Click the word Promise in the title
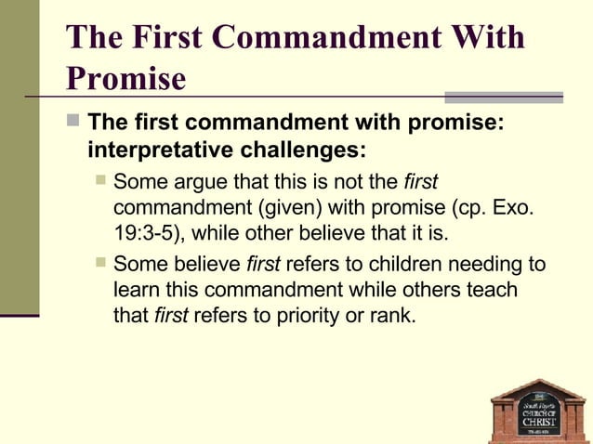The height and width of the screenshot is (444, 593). coord(126,80)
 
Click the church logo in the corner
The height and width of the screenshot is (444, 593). coord(537,409)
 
